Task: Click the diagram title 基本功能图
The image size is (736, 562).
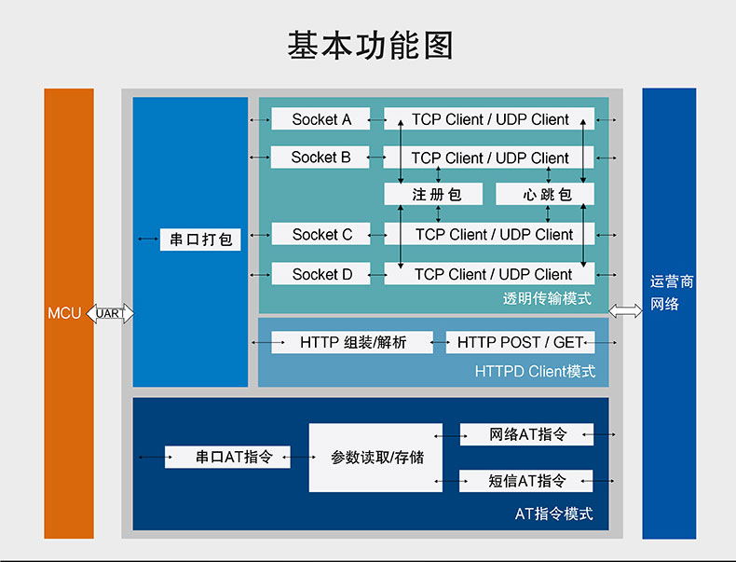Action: (369, 46)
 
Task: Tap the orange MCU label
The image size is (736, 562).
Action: (64, 313)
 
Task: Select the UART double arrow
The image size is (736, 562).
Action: (109, 314)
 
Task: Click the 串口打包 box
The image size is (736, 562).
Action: (200, 240)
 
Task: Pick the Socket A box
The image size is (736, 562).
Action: (320, 119)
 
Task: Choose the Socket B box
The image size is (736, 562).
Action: (320, 158)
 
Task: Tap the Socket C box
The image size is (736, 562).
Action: (320, 235)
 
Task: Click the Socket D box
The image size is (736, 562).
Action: (320, 274)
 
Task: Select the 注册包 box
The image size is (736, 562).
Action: (435, 195)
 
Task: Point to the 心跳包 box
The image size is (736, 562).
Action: (545, 195)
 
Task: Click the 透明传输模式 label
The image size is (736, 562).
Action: (547, 299)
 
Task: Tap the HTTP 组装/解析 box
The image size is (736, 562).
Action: (352, 343)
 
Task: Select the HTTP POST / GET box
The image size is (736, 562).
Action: (520, 343)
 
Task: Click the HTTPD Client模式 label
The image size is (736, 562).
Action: (535, 371)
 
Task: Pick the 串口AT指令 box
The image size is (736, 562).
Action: (228, 458)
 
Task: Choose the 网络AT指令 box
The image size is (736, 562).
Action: (526, 434)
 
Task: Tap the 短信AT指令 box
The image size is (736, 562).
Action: (526, 481)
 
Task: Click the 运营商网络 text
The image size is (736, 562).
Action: (671, 293)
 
